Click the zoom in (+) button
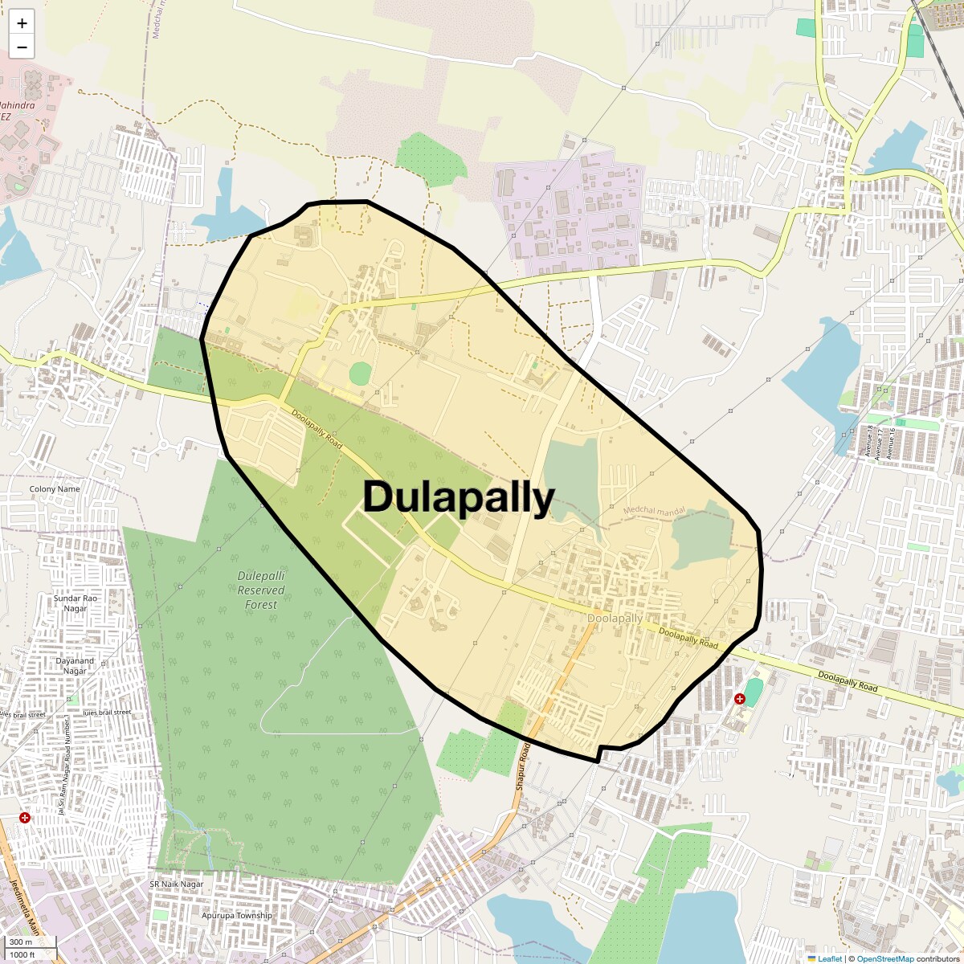pos(22,23)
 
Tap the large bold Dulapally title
pos(459,497)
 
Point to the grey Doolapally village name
pos(615,619)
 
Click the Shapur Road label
pos(521,767)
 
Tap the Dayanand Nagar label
pos(75,666)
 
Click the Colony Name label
pos(55,488)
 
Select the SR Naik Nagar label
pos(176,884)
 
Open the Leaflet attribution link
pos(830,958)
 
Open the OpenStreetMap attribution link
pos(884,958)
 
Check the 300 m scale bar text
pos(21,942)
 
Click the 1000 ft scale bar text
pos(22,954)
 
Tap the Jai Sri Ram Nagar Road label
pos(63,771)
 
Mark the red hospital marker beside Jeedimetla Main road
pos(26,818)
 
